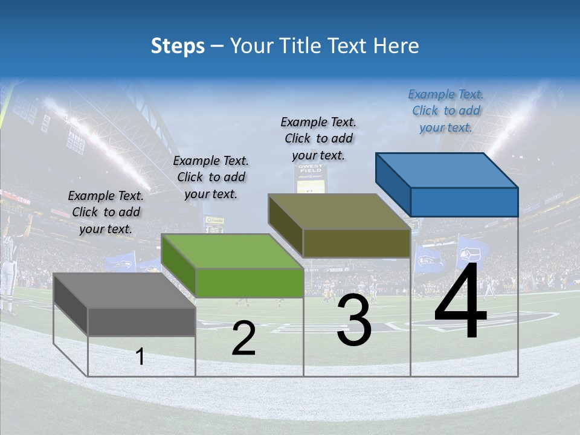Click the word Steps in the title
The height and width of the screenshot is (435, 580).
coord(178,46)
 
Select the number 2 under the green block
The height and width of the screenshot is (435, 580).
coord(243,338)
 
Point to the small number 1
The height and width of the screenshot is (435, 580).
coord(140,356)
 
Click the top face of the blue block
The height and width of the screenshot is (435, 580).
coord(446,170)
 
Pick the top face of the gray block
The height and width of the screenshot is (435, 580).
coord(124,290)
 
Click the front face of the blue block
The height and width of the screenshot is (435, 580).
coord(464,202)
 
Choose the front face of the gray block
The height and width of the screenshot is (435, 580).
coord(141,321)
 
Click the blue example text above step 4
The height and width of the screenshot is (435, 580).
coord(446,111)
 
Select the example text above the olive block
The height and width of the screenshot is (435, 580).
coord(318,138)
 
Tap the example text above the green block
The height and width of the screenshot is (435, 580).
coord(211,177)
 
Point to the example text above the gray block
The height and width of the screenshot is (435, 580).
coord(106,212)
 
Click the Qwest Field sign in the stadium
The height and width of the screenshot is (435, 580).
coord(311,167)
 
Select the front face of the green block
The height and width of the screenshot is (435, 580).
coord(250,283)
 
